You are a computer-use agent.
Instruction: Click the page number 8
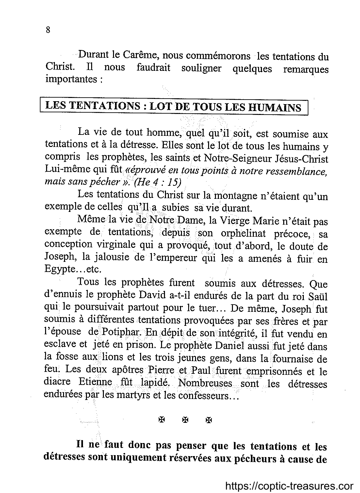pos(48,30)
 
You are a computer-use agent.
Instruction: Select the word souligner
pos(201,68)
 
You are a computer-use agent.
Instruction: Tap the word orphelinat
pos(243,233)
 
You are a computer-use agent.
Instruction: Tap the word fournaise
pos(294,358)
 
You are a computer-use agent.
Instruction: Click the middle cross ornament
pos(185,420)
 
